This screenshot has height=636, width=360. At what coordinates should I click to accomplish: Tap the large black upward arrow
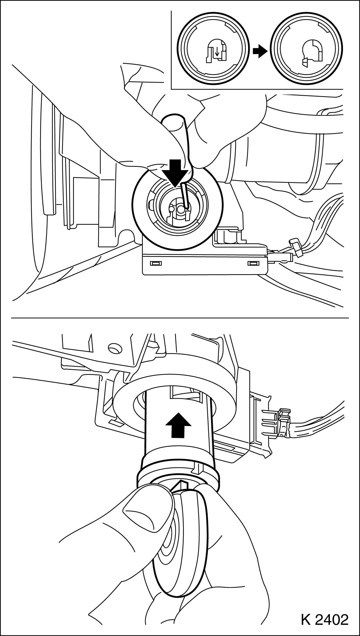tap(178, 425)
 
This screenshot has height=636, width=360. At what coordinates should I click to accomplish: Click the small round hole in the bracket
tap(115, 347)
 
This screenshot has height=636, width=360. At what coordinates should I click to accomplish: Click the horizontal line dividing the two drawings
tap(180, 318)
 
